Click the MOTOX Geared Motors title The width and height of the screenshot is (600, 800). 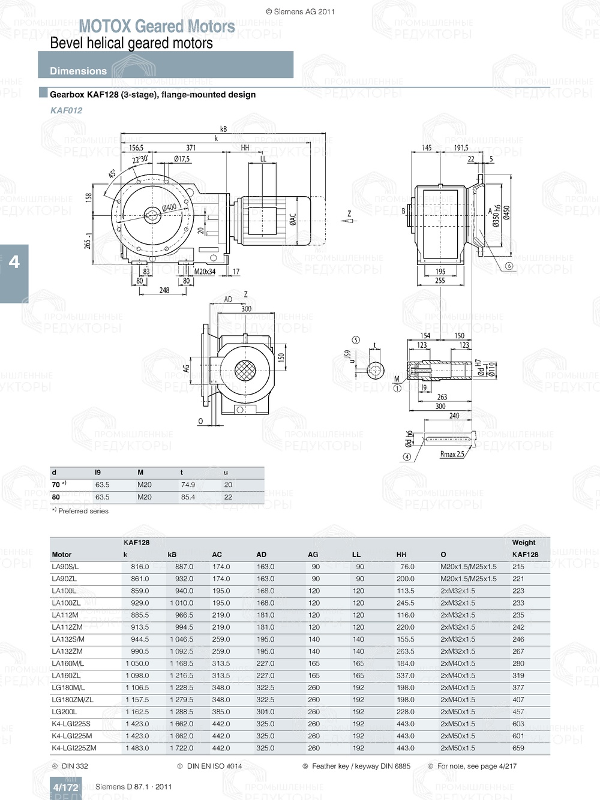[157, 26]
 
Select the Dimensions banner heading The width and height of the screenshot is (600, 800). [78, 71]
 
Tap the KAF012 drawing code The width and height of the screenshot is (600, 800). [67, 110]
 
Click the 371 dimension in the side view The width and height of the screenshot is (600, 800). [191, 148]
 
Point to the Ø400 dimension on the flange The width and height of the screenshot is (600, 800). [169, 207]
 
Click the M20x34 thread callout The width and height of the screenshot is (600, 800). [206, 272]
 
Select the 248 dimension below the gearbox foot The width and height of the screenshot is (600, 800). [164, 290]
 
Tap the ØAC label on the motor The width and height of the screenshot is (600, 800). [293, 220]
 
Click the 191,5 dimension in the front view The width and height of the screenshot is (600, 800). [461, 148]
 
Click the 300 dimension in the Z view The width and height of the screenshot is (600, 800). [246, 309]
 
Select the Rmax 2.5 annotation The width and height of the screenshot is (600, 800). [452, 454]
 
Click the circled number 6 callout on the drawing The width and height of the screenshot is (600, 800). [509, 266]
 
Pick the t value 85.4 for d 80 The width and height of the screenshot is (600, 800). [188, 497]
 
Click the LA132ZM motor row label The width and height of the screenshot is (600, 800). [67, 651]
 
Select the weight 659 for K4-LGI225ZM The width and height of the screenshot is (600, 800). [518, 748]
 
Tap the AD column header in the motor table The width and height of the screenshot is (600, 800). [261, 555]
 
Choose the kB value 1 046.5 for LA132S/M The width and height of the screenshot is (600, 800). [181, 639]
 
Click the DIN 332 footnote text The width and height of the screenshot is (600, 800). [74, 766]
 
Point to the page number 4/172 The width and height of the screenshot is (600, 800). [65, 787]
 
